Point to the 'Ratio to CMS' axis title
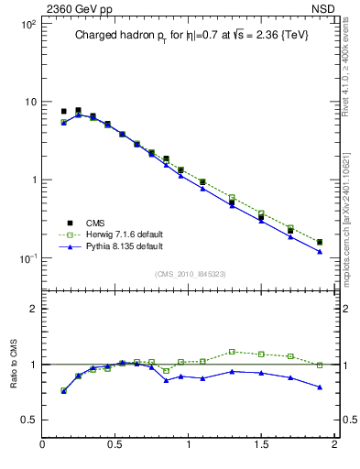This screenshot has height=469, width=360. [16, 364]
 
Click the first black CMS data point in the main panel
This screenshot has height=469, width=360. [63, 111]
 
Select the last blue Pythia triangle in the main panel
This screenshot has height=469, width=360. [320, 251]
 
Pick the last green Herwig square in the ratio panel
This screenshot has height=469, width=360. [320, 365]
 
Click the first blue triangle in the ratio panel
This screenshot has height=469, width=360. [63, 391]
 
